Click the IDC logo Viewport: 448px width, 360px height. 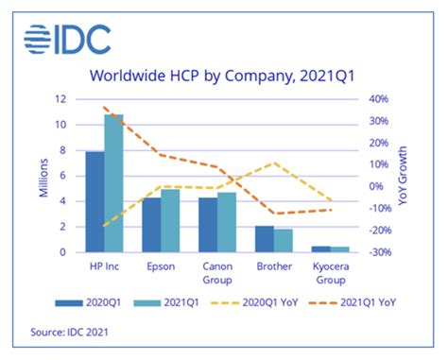pos(66,39)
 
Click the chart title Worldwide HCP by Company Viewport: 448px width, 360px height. pos(223,76)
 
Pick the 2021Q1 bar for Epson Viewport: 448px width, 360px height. pos(170,221)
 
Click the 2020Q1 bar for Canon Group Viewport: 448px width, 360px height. pos(208,225)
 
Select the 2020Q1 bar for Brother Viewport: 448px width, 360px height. pos(265,239)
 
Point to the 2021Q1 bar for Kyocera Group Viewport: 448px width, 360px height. pos(339,249)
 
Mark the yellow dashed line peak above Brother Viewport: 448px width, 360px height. pos(273,163)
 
